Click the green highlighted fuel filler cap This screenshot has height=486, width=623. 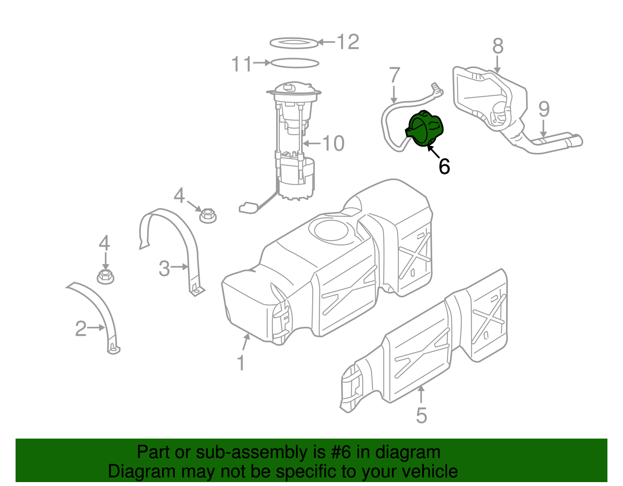point(425,128)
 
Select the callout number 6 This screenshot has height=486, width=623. point(444,167)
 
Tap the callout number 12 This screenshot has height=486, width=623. point(348,42)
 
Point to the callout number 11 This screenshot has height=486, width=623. point(241,64)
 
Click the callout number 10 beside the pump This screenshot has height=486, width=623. point(333,144)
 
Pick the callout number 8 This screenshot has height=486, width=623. point(498,46)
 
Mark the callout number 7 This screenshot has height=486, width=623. point(394,75)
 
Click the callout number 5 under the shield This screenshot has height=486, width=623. point(421,415)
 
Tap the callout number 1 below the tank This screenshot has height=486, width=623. point(241,363)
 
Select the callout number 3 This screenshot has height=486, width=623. point(164,268)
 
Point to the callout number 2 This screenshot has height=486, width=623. point(81,329)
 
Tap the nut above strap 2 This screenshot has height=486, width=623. point(105,276)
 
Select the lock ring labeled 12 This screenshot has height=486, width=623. point(294,42)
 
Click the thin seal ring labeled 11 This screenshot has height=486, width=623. point(294,63)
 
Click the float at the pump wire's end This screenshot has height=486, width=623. point(247,207)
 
